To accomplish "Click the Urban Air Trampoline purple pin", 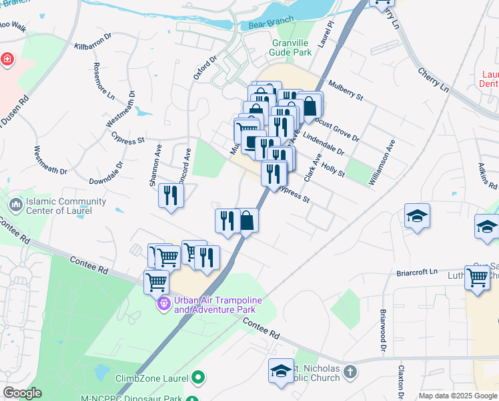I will point(163,304).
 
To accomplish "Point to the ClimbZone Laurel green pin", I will point(197,379).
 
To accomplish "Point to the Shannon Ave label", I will point(155,170).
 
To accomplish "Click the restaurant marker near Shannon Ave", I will point(171,195).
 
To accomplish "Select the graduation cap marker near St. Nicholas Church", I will point(281,370).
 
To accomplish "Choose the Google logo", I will point(23,393).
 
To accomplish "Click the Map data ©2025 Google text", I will point(457,396).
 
